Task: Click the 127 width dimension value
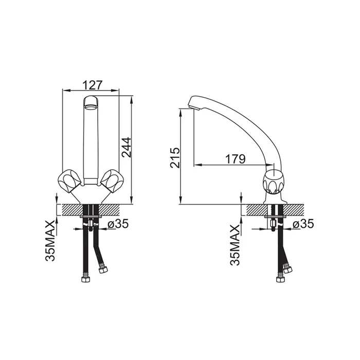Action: [x=92, y=85]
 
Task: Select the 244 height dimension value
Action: [x=127, y=147]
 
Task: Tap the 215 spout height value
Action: [x=175, y=158]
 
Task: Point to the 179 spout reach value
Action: [x=236, y=159]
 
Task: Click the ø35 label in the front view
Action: [x=118, y=224]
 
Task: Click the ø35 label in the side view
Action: [x=303, y=224]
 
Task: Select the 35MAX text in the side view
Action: [x=235, y=245]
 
